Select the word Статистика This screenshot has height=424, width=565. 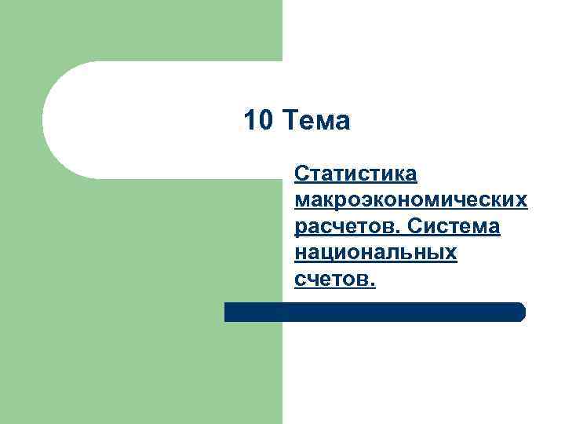[x=355, y=174]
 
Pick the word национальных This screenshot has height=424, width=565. [x=376, y=254]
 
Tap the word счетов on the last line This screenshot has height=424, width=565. [x=333, y=280]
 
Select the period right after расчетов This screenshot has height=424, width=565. [x=399, y=232]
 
